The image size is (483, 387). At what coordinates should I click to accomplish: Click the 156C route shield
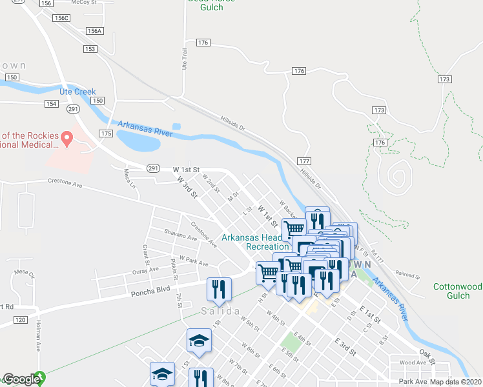[x=62, y=18]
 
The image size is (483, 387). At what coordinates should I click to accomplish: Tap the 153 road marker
[x=90, y=49]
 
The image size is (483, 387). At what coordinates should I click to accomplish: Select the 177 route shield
[x=305, y=160]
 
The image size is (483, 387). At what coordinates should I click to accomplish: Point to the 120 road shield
[x=20, y=320]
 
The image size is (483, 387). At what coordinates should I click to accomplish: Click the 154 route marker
[x=52, y=104]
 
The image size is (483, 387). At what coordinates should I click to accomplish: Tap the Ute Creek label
[x=77, y=92]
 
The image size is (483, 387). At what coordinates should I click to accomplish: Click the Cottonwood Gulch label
[x=457, y=291]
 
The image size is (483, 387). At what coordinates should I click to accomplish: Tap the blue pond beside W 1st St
[x=138, y=139]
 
